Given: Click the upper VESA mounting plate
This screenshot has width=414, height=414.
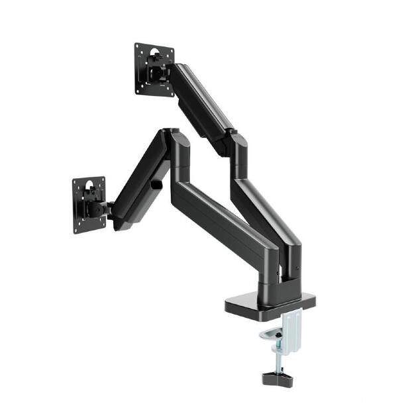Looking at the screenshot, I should pyautogui.click(x=154, y=69).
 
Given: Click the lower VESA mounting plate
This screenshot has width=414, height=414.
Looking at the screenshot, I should pyautogui.click(x=89, y=205).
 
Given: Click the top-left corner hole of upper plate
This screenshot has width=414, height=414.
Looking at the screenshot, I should pyautogui.click(x=139, y=48).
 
